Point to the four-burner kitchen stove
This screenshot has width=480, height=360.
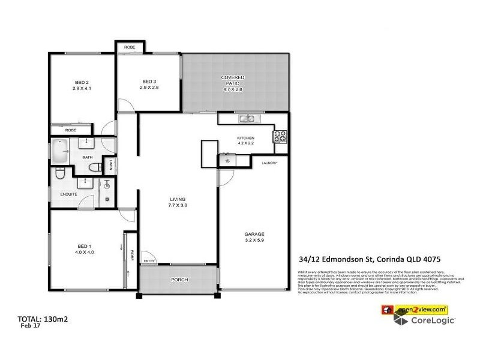[x=280, y=137]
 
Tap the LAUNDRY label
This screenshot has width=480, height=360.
[x=269, y=163]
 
